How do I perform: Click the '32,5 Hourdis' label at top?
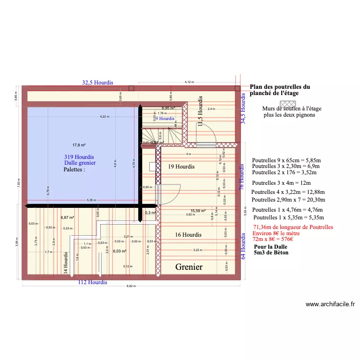[97, 83]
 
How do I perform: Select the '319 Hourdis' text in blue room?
[79, 157]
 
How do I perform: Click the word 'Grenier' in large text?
[189, 267]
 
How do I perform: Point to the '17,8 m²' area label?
[79, 145]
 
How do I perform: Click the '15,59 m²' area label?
[198, 211]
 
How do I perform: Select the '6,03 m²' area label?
[120, 251]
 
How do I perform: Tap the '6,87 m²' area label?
[67, 217]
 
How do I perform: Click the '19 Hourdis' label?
[181, 167]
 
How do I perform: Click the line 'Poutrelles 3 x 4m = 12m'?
[281, 183]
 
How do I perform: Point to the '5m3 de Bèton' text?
[271, 252]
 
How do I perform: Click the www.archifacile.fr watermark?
[330, 304]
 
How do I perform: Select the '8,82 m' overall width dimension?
[131, 287]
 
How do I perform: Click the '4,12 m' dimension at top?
[189, 82]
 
